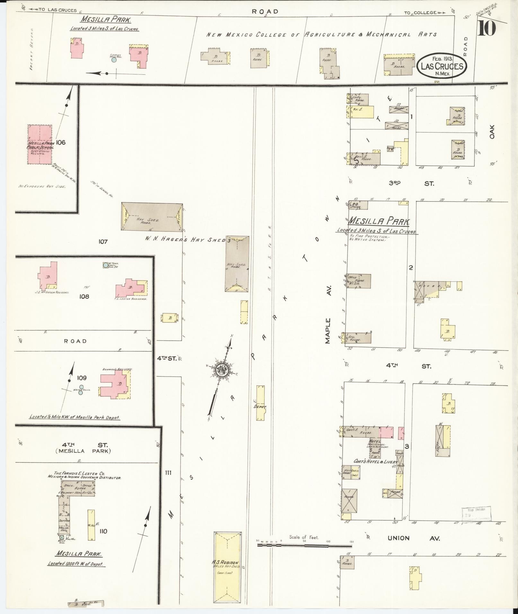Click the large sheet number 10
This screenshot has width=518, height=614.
tap(486, 28)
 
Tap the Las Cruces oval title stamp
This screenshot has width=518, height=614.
tap(442, 65)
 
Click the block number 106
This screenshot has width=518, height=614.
tap(60, 142)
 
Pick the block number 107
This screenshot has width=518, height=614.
tap(103, 241)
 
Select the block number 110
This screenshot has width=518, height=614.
tap(103, 531)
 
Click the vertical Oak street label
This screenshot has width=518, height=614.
tap(492, 132)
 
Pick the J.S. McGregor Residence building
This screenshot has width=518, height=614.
tap(48, 275)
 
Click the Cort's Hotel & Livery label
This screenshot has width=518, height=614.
tap(375, 462)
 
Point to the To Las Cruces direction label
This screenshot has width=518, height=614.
tap(54, 10)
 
